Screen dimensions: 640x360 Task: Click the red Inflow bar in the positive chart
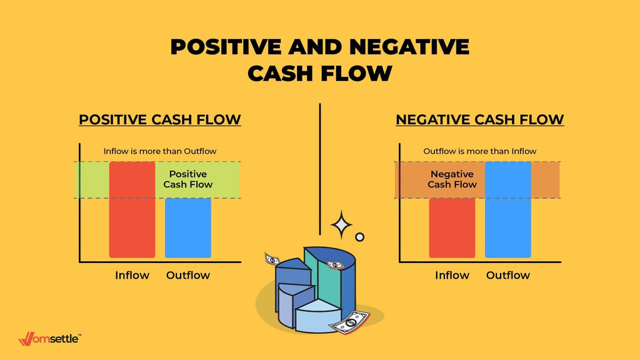[132, 210]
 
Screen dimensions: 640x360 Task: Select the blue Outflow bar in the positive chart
[187, 228]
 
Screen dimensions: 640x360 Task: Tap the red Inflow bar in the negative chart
[452, 228]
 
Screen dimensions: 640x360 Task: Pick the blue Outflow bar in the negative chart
[507, 210]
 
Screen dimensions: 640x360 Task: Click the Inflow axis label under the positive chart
[132, 275]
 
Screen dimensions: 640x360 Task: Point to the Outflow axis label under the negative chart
[507, 275]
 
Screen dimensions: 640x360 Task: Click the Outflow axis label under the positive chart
[187, 275]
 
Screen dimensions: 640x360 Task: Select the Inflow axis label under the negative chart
[452, 275]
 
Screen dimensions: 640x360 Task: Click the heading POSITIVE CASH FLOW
[160, 119]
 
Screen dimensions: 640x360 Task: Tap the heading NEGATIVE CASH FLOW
[480, 119]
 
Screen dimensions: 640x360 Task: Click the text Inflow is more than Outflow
[160, 151]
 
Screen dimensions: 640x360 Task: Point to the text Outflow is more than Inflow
[480, 151]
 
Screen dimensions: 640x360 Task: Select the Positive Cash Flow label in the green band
[187, 179]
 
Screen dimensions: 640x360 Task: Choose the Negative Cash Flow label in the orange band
[452, 179]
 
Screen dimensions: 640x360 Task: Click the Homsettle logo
[50, 339]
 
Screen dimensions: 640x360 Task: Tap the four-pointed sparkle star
[341, 224]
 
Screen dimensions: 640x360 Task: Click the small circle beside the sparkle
[359, 237]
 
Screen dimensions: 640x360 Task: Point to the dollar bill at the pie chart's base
[349, 322]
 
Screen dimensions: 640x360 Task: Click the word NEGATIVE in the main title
[409, 46]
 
